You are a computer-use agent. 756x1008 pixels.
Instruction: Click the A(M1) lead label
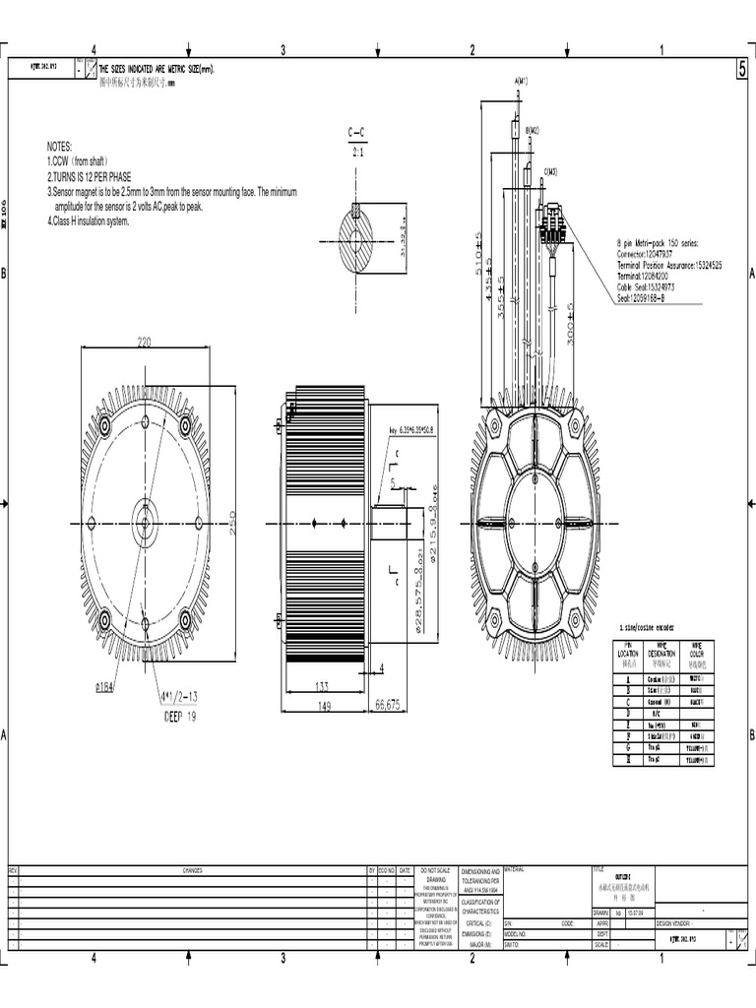pyautogui.click(x=521, y=81)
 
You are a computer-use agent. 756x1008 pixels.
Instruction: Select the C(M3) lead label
pyautogui.click(x=550, y=171)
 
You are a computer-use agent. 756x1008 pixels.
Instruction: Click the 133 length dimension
pyautogui.click(x=320, y=686)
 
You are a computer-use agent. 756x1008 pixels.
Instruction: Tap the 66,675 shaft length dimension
pyautogui.click(x=388, y=704)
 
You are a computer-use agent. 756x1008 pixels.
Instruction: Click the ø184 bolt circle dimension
pyautogui.click(x=105, y=687)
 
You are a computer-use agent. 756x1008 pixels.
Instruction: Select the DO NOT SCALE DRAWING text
pyautogui.click(x=435, y=875)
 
